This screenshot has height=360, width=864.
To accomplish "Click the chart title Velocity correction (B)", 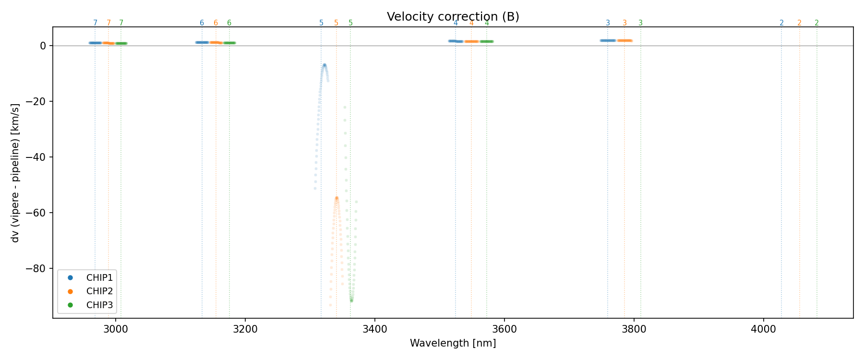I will click(453, 17).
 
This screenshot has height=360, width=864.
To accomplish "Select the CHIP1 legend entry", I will click(99, 278).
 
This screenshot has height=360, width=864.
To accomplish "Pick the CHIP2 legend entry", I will click(99, 291).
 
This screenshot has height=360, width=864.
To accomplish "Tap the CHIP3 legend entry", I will click(99, 305).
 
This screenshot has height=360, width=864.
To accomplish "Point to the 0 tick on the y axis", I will click(43, 46).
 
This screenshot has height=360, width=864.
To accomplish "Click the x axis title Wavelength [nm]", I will click(453, 344).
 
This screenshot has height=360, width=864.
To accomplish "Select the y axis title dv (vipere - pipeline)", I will click(15, 173).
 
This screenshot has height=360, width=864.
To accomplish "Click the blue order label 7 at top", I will click(95, 23).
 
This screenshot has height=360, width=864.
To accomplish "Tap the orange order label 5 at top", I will click(336, 23).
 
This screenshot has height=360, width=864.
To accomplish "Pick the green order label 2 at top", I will click(816, 23).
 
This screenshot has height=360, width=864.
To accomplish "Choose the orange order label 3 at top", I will click(624, 23).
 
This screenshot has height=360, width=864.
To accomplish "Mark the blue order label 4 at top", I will click(456, 23).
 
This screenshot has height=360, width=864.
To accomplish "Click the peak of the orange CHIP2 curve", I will click(336, 198).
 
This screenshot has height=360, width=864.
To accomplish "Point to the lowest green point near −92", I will click(351, 300).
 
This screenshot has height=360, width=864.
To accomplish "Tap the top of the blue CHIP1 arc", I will click(324, 65).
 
